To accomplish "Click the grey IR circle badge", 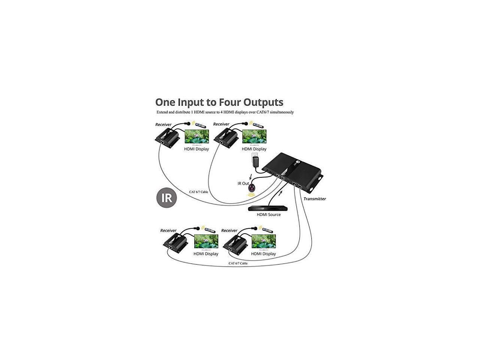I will (166, 197).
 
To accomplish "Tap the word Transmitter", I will (315, 199).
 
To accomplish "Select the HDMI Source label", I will (268, 215).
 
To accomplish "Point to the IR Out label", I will (243, 183).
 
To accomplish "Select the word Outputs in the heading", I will (264, 102).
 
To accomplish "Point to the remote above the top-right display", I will (259, 125).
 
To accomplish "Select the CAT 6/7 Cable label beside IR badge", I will (198, 192).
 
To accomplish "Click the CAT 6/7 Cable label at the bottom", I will (238, 263).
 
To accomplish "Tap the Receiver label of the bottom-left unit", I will (168, 231).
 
